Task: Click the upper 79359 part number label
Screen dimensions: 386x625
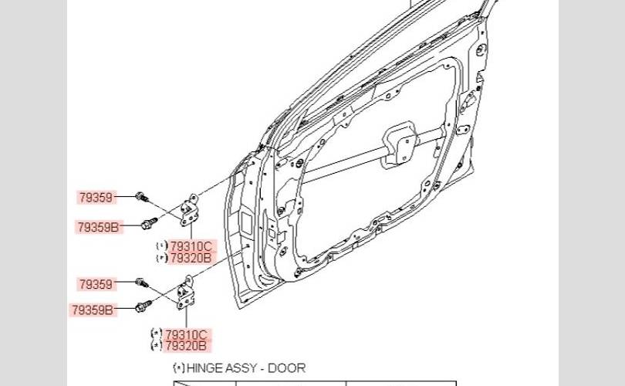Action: (96, 198)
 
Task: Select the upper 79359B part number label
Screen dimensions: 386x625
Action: (98, 227)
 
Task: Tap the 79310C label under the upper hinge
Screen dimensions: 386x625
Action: (191, 246)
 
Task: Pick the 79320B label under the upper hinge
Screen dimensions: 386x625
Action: (191, 258)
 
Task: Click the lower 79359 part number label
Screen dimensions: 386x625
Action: (96, 284)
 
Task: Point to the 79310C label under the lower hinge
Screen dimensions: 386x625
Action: (187, 335)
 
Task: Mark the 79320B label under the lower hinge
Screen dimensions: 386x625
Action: (187, 347)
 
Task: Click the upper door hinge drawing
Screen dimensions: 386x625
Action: (187, 211)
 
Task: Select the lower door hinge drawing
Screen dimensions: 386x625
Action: (186, 295)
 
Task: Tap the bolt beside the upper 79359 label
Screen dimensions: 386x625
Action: (141, 198)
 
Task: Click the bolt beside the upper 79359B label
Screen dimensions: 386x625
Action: (148, 224)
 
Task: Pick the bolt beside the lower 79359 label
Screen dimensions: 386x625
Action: (141, 283)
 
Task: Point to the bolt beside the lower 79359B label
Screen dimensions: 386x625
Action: (143, 307)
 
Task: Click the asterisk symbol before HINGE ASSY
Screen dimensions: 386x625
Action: (179, 368)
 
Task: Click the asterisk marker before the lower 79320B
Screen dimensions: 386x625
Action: (157, 346)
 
